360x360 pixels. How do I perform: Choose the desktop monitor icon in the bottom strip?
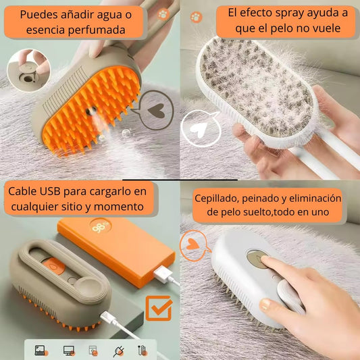coord(68,351)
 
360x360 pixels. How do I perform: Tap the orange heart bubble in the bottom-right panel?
coord(194,242)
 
